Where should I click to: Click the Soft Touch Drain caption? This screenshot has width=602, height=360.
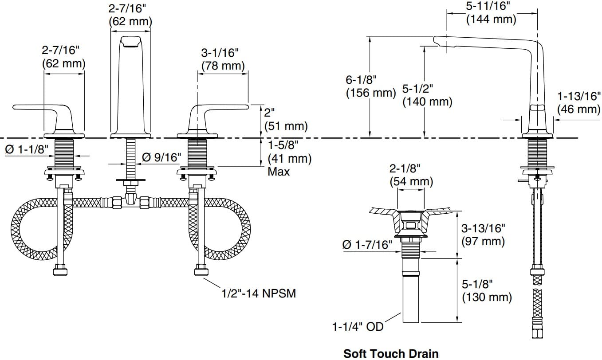391,353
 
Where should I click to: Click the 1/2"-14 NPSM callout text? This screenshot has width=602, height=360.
259,293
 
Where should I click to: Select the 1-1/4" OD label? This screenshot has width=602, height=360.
358,327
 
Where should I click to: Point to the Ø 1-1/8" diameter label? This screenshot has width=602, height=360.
27,149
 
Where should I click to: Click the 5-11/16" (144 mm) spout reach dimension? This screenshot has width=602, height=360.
491,12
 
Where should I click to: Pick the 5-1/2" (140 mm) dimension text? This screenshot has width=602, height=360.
427,95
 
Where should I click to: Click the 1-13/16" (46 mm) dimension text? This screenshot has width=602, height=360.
579,102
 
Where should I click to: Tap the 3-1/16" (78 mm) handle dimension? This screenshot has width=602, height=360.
223,59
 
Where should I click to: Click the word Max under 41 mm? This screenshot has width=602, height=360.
279,172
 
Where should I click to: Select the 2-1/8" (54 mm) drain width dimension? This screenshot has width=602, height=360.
411,175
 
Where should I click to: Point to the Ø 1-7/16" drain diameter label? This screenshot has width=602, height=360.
367,244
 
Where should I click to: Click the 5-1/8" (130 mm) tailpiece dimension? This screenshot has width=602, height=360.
487,290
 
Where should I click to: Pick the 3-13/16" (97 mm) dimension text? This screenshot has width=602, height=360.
483,235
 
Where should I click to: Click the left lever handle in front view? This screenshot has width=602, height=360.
44,111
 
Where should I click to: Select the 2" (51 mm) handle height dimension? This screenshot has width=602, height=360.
286,119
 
